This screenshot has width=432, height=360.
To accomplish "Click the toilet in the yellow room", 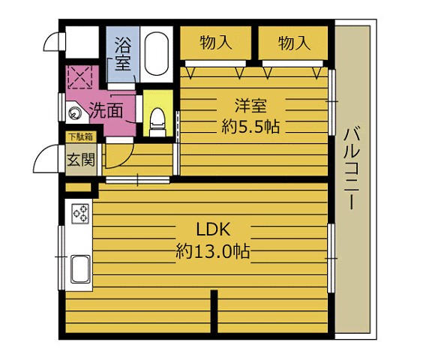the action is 157,122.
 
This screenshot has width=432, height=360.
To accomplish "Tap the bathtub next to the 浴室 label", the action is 157,54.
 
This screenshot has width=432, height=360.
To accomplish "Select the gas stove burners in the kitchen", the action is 80,214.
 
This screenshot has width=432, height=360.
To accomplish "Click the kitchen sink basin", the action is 80,269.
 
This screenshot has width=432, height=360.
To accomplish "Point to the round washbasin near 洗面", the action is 73,112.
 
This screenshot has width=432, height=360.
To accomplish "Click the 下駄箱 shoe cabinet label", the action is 81,137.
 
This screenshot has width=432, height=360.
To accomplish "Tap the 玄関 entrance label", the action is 81,160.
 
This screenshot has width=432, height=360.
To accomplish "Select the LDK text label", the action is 213,229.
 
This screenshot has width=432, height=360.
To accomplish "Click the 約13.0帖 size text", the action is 213,251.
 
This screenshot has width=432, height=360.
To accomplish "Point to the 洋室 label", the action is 250,106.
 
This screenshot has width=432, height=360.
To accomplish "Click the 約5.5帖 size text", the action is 250,127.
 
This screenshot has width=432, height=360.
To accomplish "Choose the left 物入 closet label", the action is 216,43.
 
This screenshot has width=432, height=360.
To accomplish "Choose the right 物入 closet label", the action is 294,43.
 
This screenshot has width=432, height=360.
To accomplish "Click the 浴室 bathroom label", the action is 122,54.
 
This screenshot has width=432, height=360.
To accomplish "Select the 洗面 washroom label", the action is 106,111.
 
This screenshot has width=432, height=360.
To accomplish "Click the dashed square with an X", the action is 79,76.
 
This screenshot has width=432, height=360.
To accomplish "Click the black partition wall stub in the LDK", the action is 214,311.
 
